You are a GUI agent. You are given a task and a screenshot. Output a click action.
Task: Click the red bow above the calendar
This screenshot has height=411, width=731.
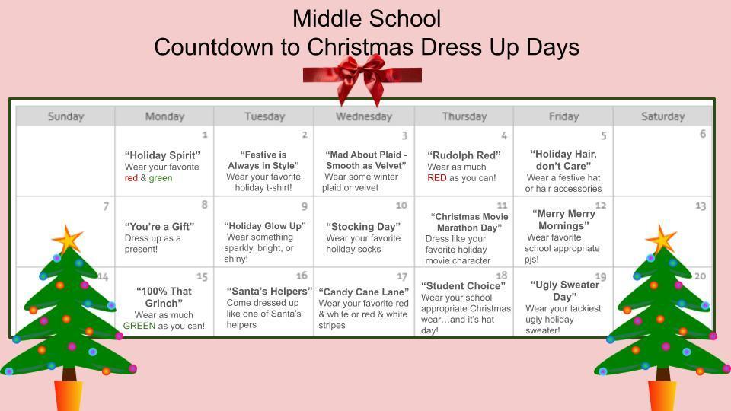[x=362, y=76]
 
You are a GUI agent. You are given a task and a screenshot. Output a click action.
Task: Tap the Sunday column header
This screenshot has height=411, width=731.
[x=65, y=116]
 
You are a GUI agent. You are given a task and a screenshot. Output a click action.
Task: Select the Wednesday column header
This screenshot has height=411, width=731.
[x=363, y=116]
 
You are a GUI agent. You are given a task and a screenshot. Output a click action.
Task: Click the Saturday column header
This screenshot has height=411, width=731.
[x=662, y=116]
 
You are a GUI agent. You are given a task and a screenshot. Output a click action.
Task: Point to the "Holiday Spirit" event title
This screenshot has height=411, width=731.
[x=162, y=155]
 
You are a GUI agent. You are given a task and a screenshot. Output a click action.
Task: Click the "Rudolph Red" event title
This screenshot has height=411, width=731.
[x=464, y=155]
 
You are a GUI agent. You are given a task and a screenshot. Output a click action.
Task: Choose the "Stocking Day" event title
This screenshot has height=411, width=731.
[x=362, y=226]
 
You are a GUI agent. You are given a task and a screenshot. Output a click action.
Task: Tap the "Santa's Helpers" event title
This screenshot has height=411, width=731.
[x=270, y=291]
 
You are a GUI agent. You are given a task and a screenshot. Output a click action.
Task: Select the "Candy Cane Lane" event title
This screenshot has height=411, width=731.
[x=363, y=292]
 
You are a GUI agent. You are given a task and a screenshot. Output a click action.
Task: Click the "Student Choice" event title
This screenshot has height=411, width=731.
[x=463, y=286]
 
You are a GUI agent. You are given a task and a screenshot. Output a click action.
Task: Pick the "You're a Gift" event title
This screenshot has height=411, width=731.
[x=159, y=226]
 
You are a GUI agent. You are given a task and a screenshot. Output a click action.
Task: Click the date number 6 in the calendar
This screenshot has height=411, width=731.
[x=702, y=134]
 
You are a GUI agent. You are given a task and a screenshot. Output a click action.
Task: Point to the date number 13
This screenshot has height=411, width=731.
[x=700, y=205]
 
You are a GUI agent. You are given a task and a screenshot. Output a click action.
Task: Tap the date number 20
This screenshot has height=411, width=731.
[x=700, y=276]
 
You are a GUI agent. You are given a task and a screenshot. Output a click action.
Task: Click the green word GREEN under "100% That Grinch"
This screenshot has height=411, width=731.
[x=139, y=326]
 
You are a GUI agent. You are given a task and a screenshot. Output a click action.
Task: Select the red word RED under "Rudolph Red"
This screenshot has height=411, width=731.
[x=436, y=178]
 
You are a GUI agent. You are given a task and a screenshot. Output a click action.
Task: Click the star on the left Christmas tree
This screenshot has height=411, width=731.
[x=67, y=240]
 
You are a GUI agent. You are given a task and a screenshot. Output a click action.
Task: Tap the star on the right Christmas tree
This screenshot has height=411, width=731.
[x=661, y=240]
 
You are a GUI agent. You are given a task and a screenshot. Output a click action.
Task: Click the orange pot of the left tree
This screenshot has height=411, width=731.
[x=68, y=395]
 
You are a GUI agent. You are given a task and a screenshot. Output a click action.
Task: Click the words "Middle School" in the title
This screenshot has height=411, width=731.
[x=366, y=18]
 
